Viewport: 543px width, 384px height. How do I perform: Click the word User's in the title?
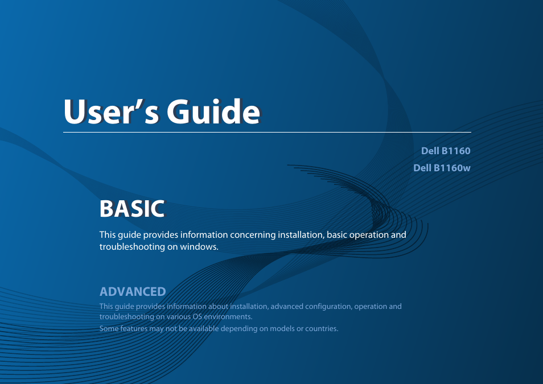pos(111,112)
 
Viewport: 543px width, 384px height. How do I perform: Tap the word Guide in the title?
pos(213,112)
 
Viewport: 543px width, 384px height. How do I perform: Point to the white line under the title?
pos(267,133)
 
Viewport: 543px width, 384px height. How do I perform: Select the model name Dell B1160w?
pos(442,168)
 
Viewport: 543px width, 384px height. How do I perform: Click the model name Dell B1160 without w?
pos(446,151)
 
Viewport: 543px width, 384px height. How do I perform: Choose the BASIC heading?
pos(132,209)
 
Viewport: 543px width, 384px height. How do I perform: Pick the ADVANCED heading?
pos(133,291)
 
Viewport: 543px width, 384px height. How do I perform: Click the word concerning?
pos(253,235)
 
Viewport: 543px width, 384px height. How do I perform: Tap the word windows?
pos(199,247)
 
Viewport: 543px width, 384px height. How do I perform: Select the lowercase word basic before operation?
pos(336,235)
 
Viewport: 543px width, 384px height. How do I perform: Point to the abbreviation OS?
pos(198,317)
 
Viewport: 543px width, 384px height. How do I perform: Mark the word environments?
pos(228,317)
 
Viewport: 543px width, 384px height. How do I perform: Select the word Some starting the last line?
pos(109,329)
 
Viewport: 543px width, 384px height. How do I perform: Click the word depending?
pos(239,329)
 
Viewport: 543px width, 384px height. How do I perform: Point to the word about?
pos(218,307)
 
